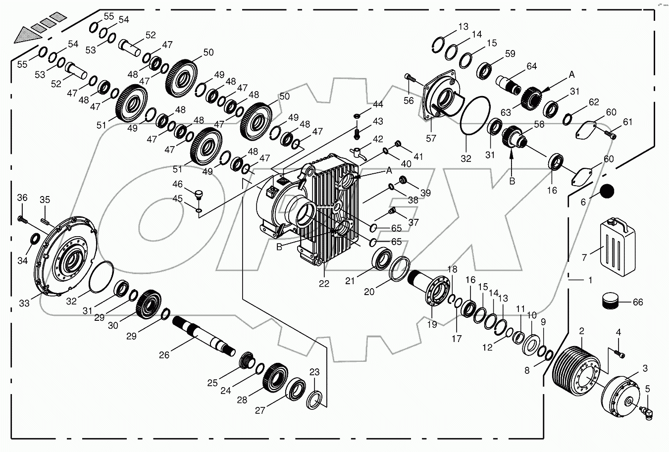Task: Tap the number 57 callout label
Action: click(431, 138)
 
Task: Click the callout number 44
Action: click(378, 104)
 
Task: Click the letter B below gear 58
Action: click(512, 181)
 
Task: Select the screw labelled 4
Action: click(618, 352)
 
